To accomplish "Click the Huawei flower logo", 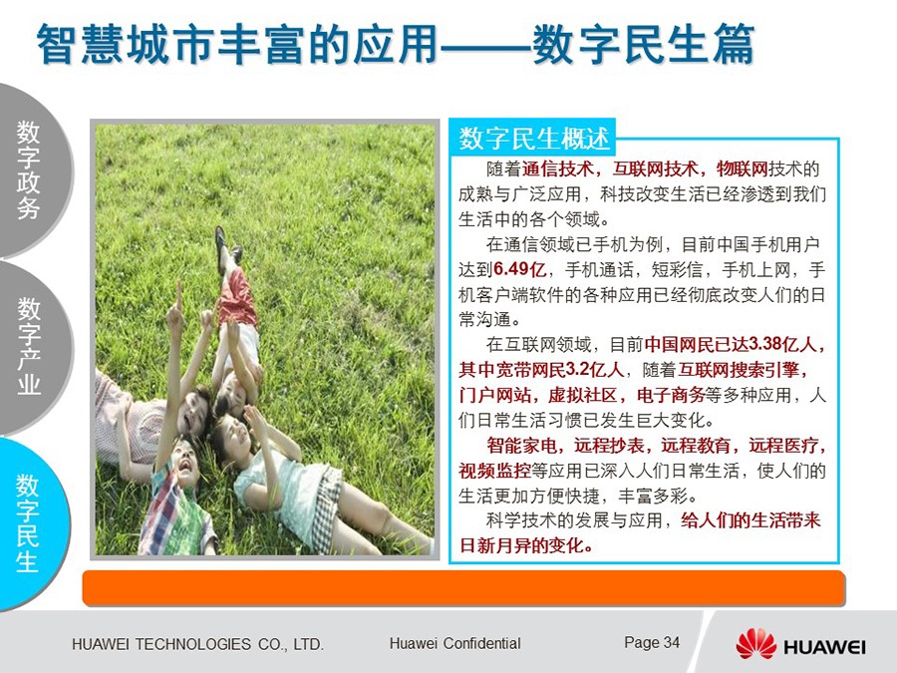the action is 755,644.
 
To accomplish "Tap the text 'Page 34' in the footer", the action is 652,643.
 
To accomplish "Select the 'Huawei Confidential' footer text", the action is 454,643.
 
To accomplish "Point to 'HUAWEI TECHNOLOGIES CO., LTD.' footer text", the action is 198,644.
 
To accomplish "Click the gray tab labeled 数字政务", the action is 30,170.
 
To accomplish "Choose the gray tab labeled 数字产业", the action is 30,347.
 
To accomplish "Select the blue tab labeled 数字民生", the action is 29,523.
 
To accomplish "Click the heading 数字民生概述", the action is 534,138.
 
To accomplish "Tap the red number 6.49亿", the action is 519,269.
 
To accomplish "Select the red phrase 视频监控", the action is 494,471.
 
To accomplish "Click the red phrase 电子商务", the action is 671,395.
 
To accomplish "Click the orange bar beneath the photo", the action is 463,587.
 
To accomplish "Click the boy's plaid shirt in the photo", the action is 176,509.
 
